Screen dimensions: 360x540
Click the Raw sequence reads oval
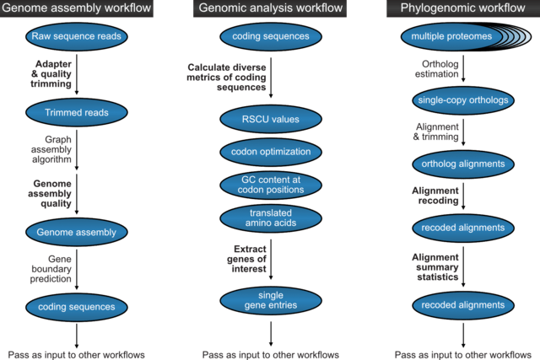[x=76, y=37]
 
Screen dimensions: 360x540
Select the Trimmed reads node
[x=76, y=113]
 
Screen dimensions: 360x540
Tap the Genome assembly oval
[x=76, y=231]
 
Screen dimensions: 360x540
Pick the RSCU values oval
[x=270, y=119]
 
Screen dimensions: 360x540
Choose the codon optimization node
[x=270, y=153]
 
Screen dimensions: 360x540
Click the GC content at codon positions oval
[x=270, y=185]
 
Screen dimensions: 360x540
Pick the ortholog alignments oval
[x=462, y=164]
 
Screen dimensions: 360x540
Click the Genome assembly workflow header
[x=77, y=9]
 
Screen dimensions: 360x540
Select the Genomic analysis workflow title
[x=269, y=9]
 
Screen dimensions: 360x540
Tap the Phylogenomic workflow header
[x=462, y=9]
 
